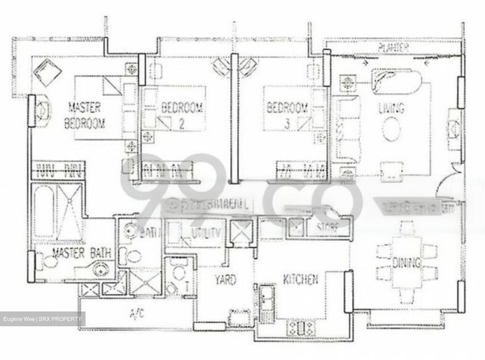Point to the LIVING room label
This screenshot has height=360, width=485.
coord(391,109)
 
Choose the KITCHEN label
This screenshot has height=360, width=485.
coord(300,279)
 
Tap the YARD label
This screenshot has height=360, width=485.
coord(225,280)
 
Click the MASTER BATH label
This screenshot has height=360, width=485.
coord(82,253)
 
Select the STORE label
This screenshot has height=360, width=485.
coord(327,228)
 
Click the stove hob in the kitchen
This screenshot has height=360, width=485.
coord(301,327)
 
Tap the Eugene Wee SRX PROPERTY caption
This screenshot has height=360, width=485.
coord(42,319)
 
